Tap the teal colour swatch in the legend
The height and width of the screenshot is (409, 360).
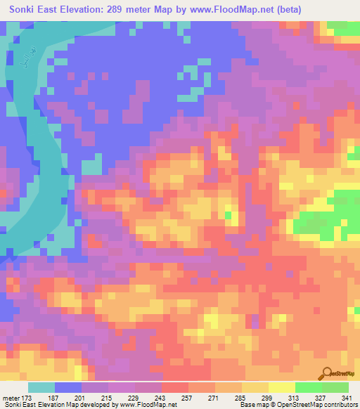tap(41, 388)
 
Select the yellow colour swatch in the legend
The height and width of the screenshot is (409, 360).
tap(282, 388)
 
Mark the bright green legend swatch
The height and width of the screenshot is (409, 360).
tap(309, 388)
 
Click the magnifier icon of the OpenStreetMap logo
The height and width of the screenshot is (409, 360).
tap(328, 373)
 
